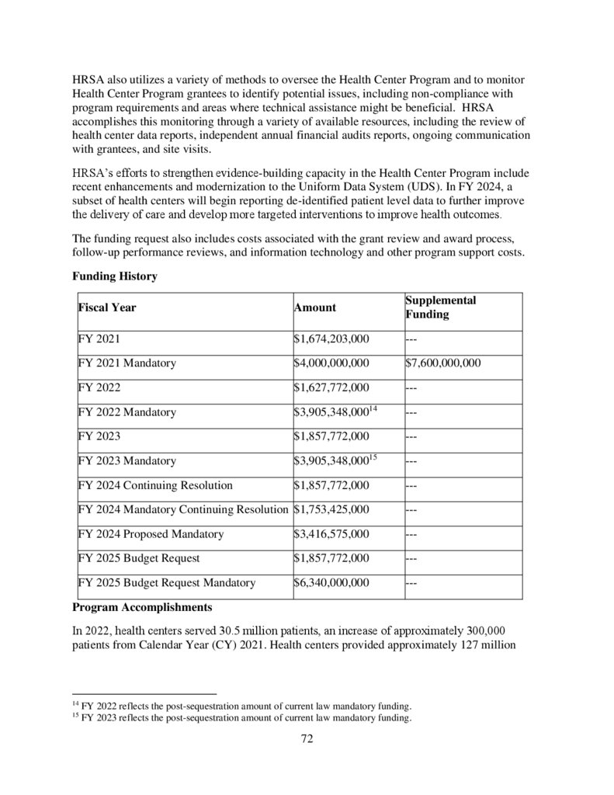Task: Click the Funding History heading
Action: [114, 276]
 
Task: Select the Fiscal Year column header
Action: [107, 307]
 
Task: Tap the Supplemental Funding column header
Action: [440, 307]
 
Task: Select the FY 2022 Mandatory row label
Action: [127, 411]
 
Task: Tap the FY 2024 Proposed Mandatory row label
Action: [151, 534]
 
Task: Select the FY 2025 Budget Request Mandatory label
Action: [166, 582]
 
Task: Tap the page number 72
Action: [307, 738]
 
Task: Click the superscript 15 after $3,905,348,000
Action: [373, 457]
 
